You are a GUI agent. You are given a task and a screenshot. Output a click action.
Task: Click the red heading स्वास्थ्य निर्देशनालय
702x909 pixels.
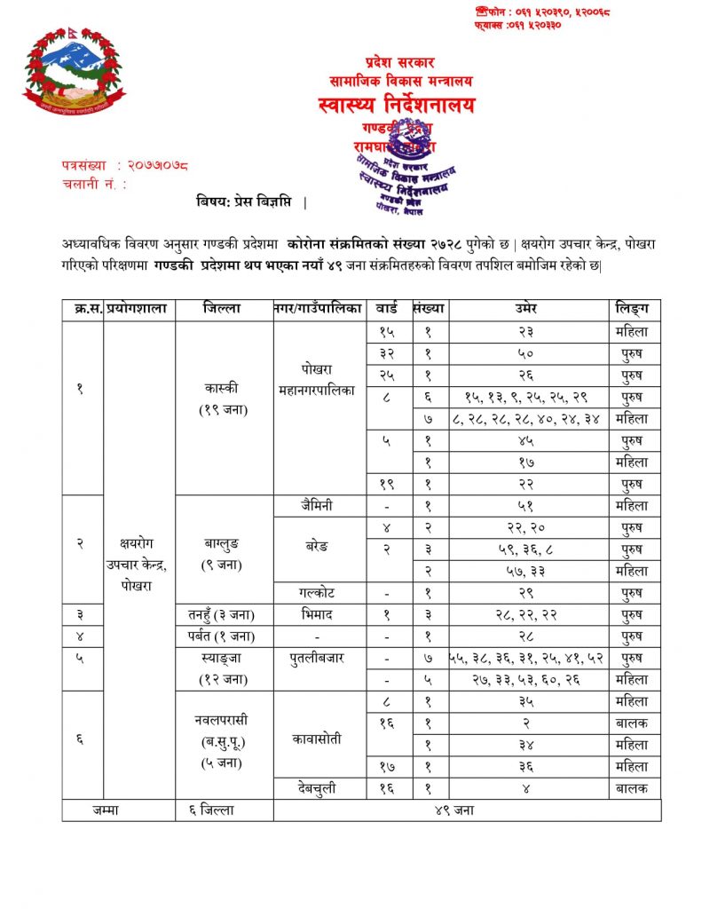(395, 106)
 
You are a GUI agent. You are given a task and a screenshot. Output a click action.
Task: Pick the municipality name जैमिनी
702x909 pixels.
(318, 506)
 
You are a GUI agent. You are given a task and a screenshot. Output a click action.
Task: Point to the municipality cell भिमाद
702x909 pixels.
(318, 613)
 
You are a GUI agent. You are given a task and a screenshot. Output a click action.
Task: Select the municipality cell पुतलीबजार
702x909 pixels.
(318, 658)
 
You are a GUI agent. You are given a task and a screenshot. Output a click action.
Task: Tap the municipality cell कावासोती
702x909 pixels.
(318, 739)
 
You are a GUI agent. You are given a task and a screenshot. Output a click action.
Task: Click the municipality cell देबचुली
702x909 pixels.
(318, 787)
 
